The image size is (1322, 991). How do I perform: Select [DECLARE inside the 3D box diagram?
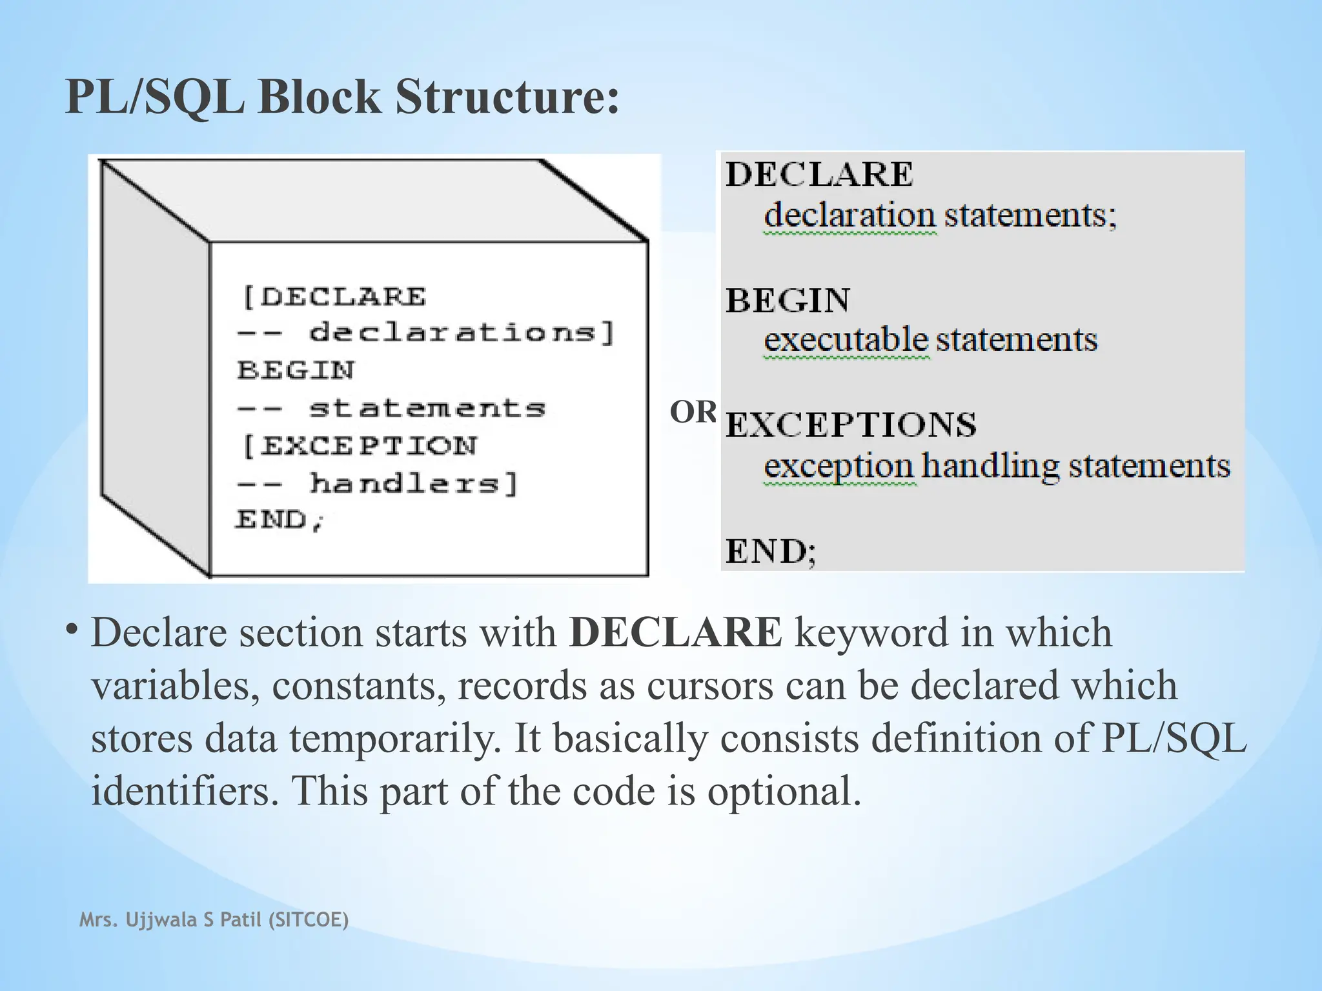[x=334, y=297]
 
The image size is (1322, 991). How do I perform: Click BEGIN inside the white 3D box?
[x=296, y=370]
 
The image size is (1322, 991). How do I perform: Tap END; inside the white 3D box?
[x=279, y=519]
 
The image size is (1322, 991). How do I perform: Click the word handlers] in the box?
[x=414, y=483]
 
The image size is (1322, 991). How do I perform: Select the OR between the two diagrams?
[x=693, y=412]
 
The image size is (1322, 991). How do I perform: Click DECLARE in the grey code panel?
[x=819, y=174]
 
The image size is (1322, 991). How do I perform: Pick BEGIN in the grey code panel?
[x=788, y=301]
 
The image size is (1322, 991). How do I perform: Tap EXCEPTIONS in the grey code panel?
[x=851, y=425]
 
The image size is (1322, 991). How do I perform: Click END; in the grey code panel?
[x=771, y=552]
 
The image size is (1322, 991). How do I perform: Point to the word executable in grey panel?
[x=846, y=340]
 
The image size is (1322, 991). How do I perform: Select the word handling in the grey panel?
[x=990, y=466]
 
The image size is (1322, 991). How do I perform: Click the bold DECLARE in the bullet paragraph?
[x=676, y=632]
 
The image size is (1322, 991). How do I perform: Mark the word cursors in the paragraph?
[x=709, y=685]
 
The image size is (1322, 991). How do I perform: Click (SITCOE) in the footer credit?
[x=307, y=919]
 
